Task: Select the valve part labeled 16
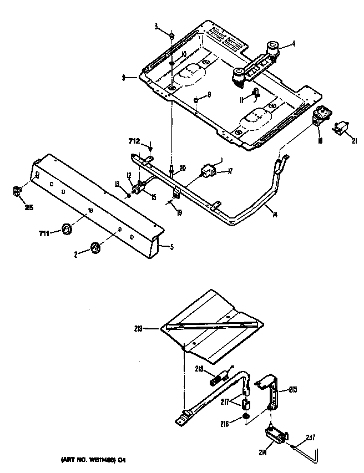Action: [x=321, y=116]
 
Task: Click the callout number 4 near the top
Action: [x=294, y=44]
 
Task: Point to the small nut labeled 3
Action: [x=173, y=37]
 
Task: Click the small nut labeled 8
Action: [x=197, y=100]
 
